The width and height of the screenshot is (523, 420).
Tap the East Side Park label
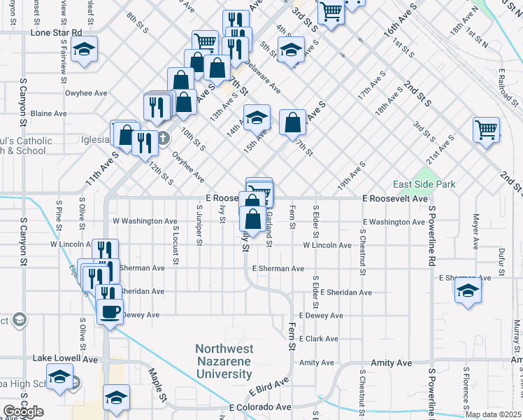pyautogui.click(x=424, y=185)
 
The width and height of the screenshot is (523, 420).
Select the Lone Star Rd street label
pyautogui.click(x=56, y=32)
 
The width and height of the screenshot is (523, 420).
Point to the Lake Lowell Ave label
pyautogui.click(x=66, y=358)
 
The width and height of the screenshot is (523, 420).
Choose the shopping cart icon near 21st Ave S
pyautogui.click(x=485, y=129)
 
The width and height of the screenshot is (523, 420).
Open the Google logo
pyautogui.click(x=23, y=412)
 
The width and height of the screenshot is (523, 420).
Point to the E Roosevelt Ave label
pyautogui.click(x=395, y=199)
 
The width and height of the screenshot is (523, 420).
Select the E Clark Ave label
pyautogui.click(x=318, y=339)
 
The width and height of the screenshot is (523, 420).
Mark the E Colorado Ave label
pyautogui.click(x=260, y=407)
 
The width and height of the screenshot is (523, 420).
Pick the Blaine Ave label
pyautogui.click(x=49, y=113)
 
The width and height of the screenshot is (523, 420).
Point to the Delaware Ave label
pyautogui.click(x=261, y=80)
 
